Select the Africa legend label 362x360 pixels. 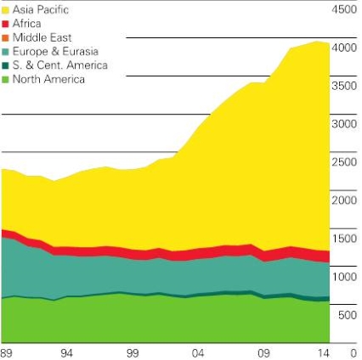(26, 24)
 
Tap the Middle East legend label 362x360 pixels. (42, 38)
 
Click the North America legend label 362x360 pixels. (48, 79)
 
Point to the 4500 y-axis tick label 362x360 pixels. (344, 10)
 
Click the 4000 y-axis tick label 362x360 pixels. (344, 48)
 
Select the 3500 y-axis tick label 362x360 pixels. (344, 86)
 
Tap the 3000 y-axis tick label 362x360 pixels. (344, 124)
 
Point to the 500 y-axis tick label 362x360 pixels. (347, 315)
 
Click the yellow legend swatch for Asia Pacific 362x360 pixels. (5, 9)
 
